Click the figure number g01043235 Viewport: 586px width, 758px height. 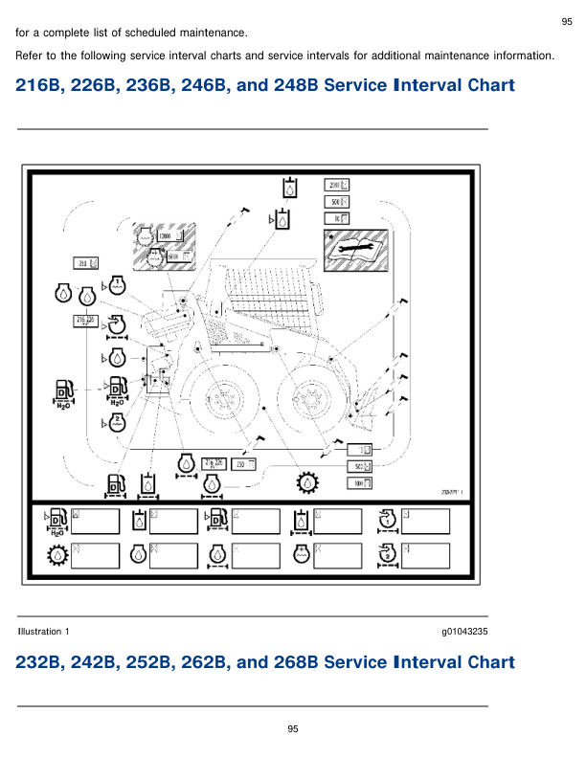click(464, 632)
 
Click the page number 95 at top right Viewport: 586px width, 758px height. click(566, 21)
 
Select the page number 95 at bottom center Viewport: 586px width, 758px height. click(294, 729)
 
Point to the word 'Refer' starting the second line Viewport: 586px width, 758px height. click(29, 56)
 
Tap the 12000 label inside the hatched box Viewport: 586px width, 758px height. click(166, 235)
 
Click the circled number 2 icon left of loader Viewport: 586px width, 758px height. click(116, 421)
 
